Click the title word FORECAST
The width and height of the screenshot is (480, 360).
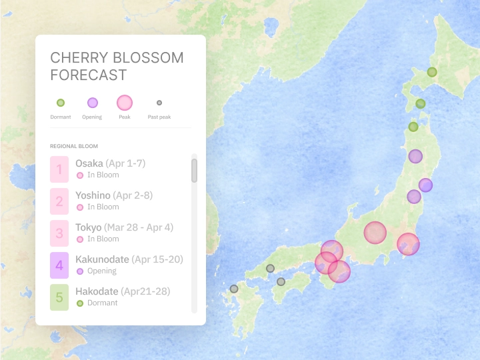coord(88,75)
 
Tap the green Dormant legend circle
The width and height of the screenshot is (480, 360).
coord(61,103)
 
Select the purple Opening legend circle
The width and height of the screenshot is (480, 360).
coord(93,103)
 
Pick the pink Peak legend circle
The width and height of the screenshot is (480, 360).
coord(125,103)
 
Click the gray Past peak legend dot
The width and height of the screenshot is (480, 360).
coord(159,103)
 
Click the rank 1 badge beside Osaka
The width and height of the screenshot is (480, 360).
coord(59,169)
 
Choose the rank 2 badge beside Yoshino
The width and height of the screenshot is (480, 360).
coord(59,201)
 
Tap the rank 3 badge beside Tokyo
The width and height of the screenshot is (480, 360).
coord(59,233)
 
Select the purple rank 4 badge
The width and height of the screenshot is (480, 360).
coord(59,265)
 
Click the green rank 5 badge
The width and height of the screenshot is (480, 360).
coord(59,297)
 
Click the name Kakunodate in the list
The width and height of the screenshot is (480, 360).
coord(102,259)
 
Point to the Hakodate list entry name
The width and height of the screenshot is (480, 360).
coord(97,291)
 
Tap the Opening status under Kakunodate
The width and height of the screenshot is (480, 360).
coord(101,271)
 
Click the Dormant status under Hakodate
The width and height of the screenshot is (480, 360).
coord(102,303)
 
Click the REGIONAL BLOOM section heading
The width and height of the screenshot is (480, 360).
coord(73,146)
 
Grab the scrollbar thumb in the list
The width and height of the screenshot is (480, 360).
coord(194,170)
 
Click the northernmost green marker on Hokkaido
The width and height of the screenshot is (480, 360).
coord(432,72)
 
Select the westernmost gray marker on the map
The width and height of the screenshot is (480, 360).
coord(234,289)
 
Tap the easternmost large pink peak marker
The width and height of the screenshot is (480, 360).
coord(408,244)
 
